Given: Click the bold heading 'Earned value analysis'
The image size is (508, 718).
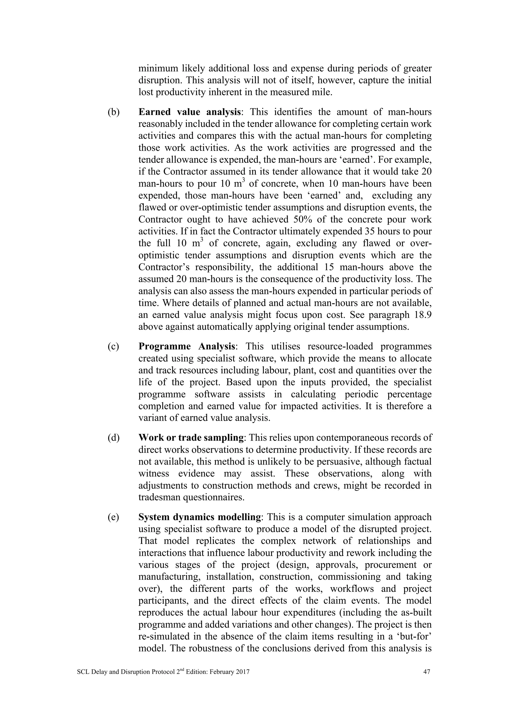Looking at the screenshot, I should pos(190,112).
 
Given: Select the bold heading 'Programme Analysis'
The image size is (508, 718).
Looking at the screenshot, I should pos(187,347).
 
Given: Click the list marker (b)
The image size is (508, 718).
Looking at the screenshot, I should pos(114,112).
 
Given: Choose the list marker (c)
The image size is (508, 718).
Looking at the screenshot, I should pos(113,347).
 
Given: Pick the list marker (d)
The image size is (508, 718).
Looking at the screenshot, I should pos(114,438).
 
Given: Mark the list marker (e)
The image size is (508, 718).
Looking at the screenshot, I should pos(113,517).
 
